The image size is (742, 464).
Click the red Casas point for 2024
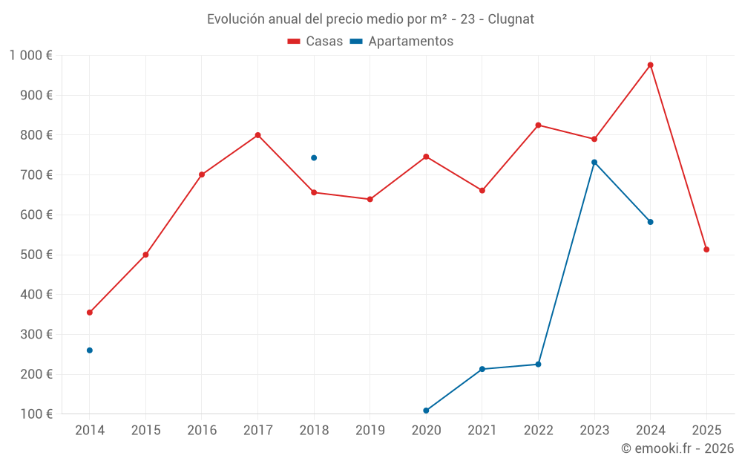point(650,65)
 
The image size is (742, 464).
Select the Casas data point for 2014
point(90,313)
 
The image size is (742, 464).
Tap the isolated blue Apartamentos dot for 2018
point(314,157)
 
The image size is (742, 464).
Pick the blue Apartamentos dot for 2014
point(90,350)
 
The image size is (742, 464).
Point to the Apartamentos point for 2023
point(594,162)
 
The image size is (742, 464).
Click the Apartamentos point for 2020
point(426,411)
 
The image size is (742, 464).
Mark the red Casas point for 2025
point(706,249)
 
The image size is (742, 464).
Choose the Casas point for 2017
point(257,135)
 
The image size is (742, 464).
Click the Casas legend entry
point(315,42)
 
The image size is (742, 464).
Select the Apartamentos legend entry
point(401,42)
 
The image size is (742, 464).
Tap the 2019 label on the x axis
point(370,431)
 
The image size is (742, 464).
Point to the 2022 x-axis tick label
point(538,431)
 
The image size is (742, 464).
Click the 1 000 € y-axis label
point(30,55)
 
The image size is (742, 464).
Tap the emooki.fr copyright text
point(677,448)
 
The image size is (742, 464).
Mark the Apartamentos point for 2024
point(650,222)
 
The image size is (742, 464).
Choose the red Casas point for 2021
point(482,191)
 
